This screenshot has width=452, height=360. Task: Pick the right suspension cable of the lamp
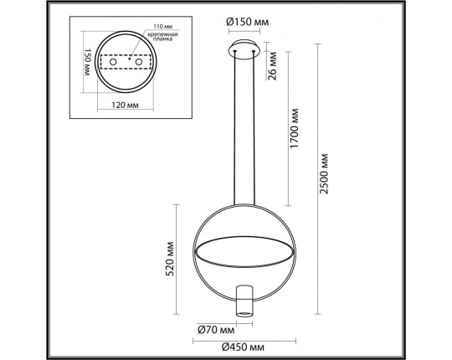[x=253, y=126]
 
